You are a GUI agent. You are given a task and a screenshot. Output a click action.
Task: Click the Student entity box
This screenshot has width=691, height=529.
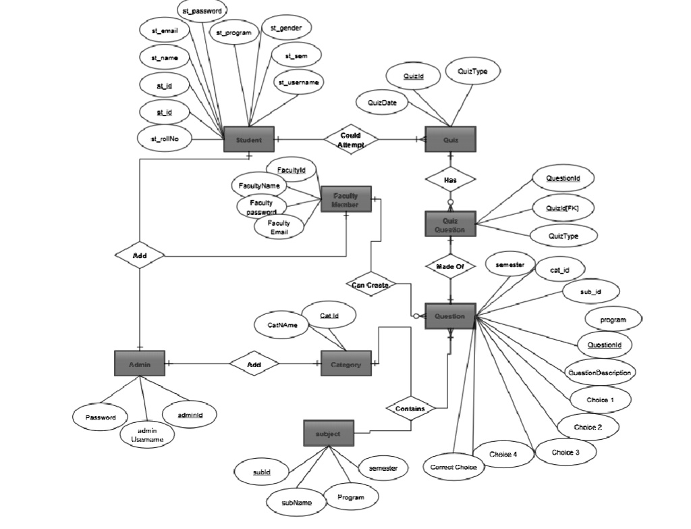point(248,140)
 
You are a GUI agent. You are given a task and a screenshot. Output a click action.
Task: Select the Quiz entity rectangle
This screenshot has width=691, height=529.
point(450,140)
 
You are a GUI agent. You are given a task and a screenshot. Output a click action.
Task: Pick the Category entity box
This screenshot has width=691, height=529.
point(345,364)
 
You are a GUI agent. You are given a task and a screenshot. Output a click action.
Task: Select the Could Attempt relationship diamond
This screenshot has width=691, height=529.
point(350,140)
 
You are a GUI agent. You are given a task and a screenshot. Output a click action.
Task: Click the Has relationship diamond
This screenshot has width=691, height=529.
point(450,180)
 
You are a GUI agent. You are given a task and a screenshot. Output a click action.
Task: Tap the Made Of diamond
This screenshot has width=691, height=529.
point(450,266)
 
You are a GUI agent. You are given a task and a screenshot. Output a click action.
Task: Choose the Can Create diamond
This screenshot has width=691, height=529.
point(370,284)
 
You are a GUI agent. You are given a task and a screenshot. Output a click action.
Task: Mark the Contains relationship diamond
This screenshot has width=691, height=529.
point(410,409)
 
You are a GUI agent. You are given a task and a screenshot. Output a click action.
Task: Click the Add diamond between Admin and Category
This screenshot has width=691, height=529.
point(254,364)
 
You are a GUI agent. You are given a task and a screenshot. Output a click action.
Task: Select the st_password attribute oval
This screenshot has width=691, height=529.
point(202,11)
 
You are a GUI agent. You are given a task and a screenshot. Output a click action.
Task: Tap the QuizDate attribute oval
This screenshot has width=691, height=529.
point(381,103)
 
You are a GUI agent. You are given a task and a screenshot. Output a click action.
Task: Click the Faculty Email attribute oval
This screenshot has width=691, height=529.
point(278,228)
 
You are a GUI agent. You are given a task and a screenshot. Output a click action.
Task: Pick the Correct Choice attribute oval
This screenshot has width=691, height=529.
point(453,467)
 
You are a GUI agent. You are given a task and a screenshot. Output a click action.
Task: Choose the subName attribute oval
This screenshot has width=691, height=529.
point(297,502)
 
